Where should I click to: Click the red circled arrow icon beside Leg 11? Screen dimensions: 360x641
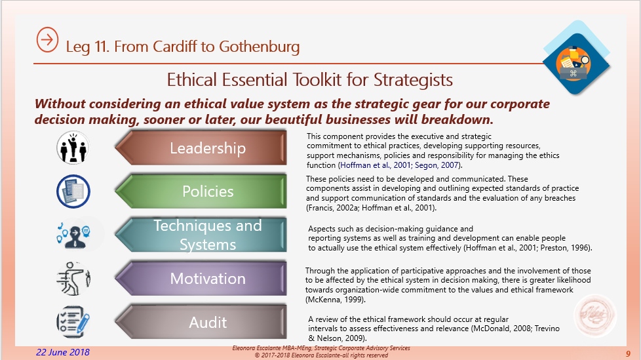(x=47, y=40)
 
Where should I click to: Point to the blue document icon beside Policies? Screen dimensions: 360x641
(x=73, y=191)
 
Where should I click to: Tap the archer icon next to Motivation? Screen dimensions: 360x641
(x=73, y=279)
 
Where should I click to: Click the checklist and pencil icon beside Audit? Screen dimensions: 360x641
(x=73, y=323)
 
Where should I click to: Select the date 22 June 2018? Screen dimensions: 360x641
(x=62, y=352)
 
